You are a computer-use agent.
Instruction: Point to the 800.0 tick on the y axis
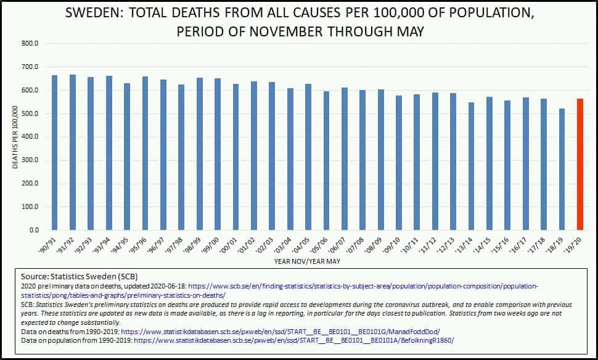click(30, 44)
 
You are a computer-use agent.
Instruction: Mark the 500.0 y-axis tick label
click(30, 114)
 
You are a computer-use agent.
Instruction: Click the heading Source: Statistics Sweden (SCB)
click(79, 277)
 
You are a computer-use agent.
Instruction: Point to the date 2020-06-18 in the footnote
click(166, 287)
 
